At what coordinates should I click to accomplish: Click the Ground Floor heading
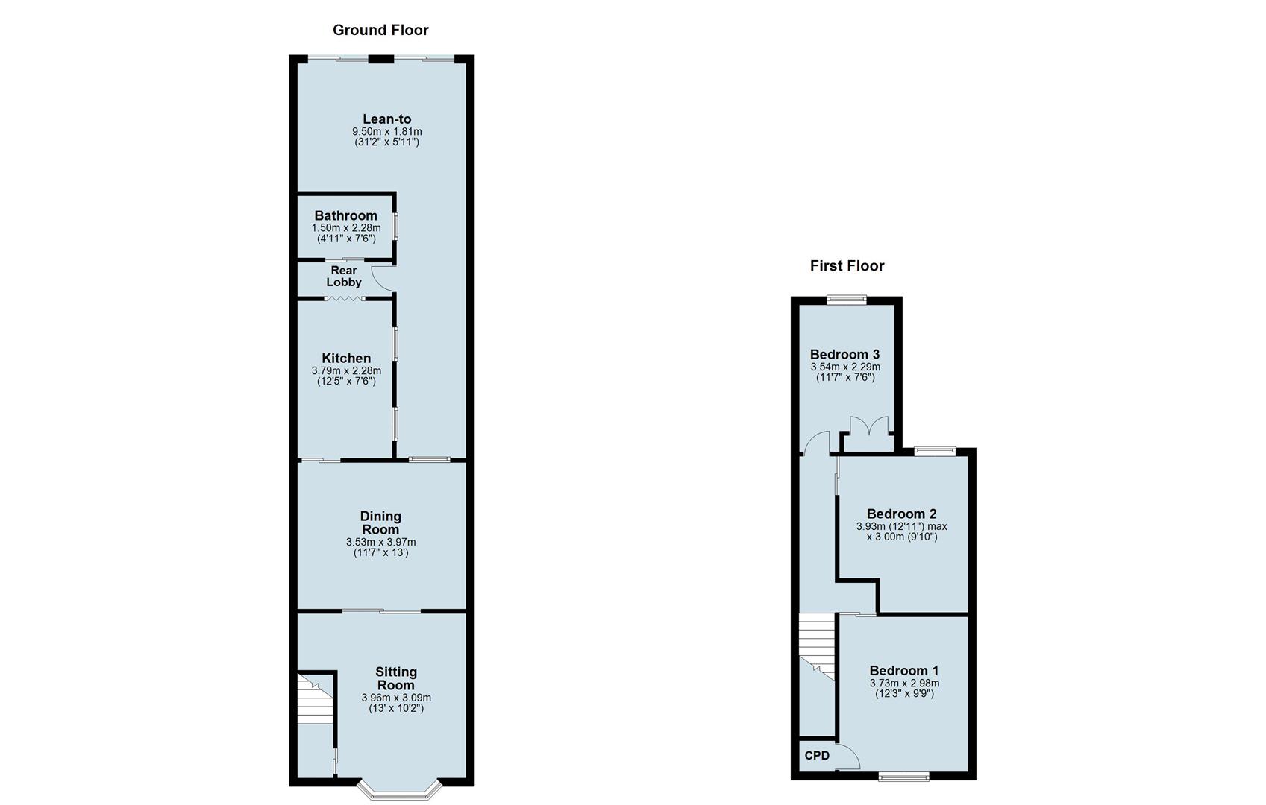(x=380, y=30)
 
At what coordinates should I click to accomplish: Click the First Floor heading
(x=847, y=265)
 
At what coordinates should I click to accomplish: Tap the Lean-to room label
(x=386, y=119)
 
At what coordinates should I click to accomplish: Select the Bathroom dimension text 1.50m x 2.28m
(x=345, y=228)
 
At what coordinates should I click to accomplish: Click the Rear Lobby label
(x=343, y=276)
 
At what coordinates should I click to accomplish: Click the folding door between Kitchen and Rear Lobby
(x=345, y=299)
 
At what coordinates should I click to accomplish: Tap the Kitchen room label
(x=346, y=358)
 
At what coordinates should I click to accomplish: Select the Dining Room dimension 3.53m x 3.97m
(x=380, y=542)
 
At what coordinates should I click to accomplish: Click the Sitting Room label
(x=395, y=678)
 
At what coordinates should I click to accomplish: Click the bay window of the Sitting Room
(x=400, y=792)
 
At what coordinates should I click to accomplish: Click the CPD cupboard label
(x=817, y=756)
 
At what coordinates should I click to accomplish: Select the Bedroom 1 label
(x=903, y=670)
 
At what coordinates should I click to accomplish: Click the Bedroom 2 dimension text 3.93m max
(x=901, y=526)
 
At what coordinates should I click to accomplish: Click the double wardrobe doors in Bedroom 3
(x=868, y=428)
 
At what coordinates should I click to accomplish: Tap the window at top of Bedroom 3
(x=847, y=300)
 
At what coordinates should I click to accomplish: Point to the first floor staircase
(x=816, y=645)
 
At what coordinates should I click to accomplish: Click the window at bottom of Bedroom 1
(x=903, y=777)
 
